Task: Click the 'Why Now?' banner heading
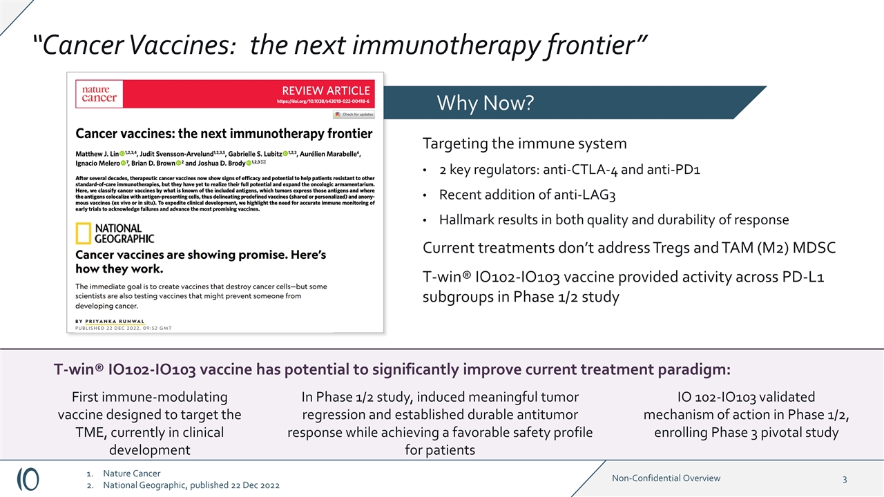[x=485, y=104]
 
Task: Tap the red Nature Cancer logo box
[x=99, y=94]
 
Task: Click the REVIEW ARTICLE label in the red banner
[x=326, y=90]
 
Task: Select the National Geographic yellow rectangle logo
[x=83, y=233]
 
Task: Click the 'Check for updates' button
[x=353, y=115]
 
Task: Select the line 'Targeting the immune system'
[x=524, y=144]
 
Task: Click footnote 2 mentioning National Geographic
[x=191, y=486]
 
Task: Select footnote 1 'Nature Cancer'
[x=131, y=474]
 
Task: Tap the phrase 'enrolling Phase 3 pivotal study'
[x=746, y=433]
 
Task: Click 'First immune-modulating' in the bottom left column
[x=149, y=397]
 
